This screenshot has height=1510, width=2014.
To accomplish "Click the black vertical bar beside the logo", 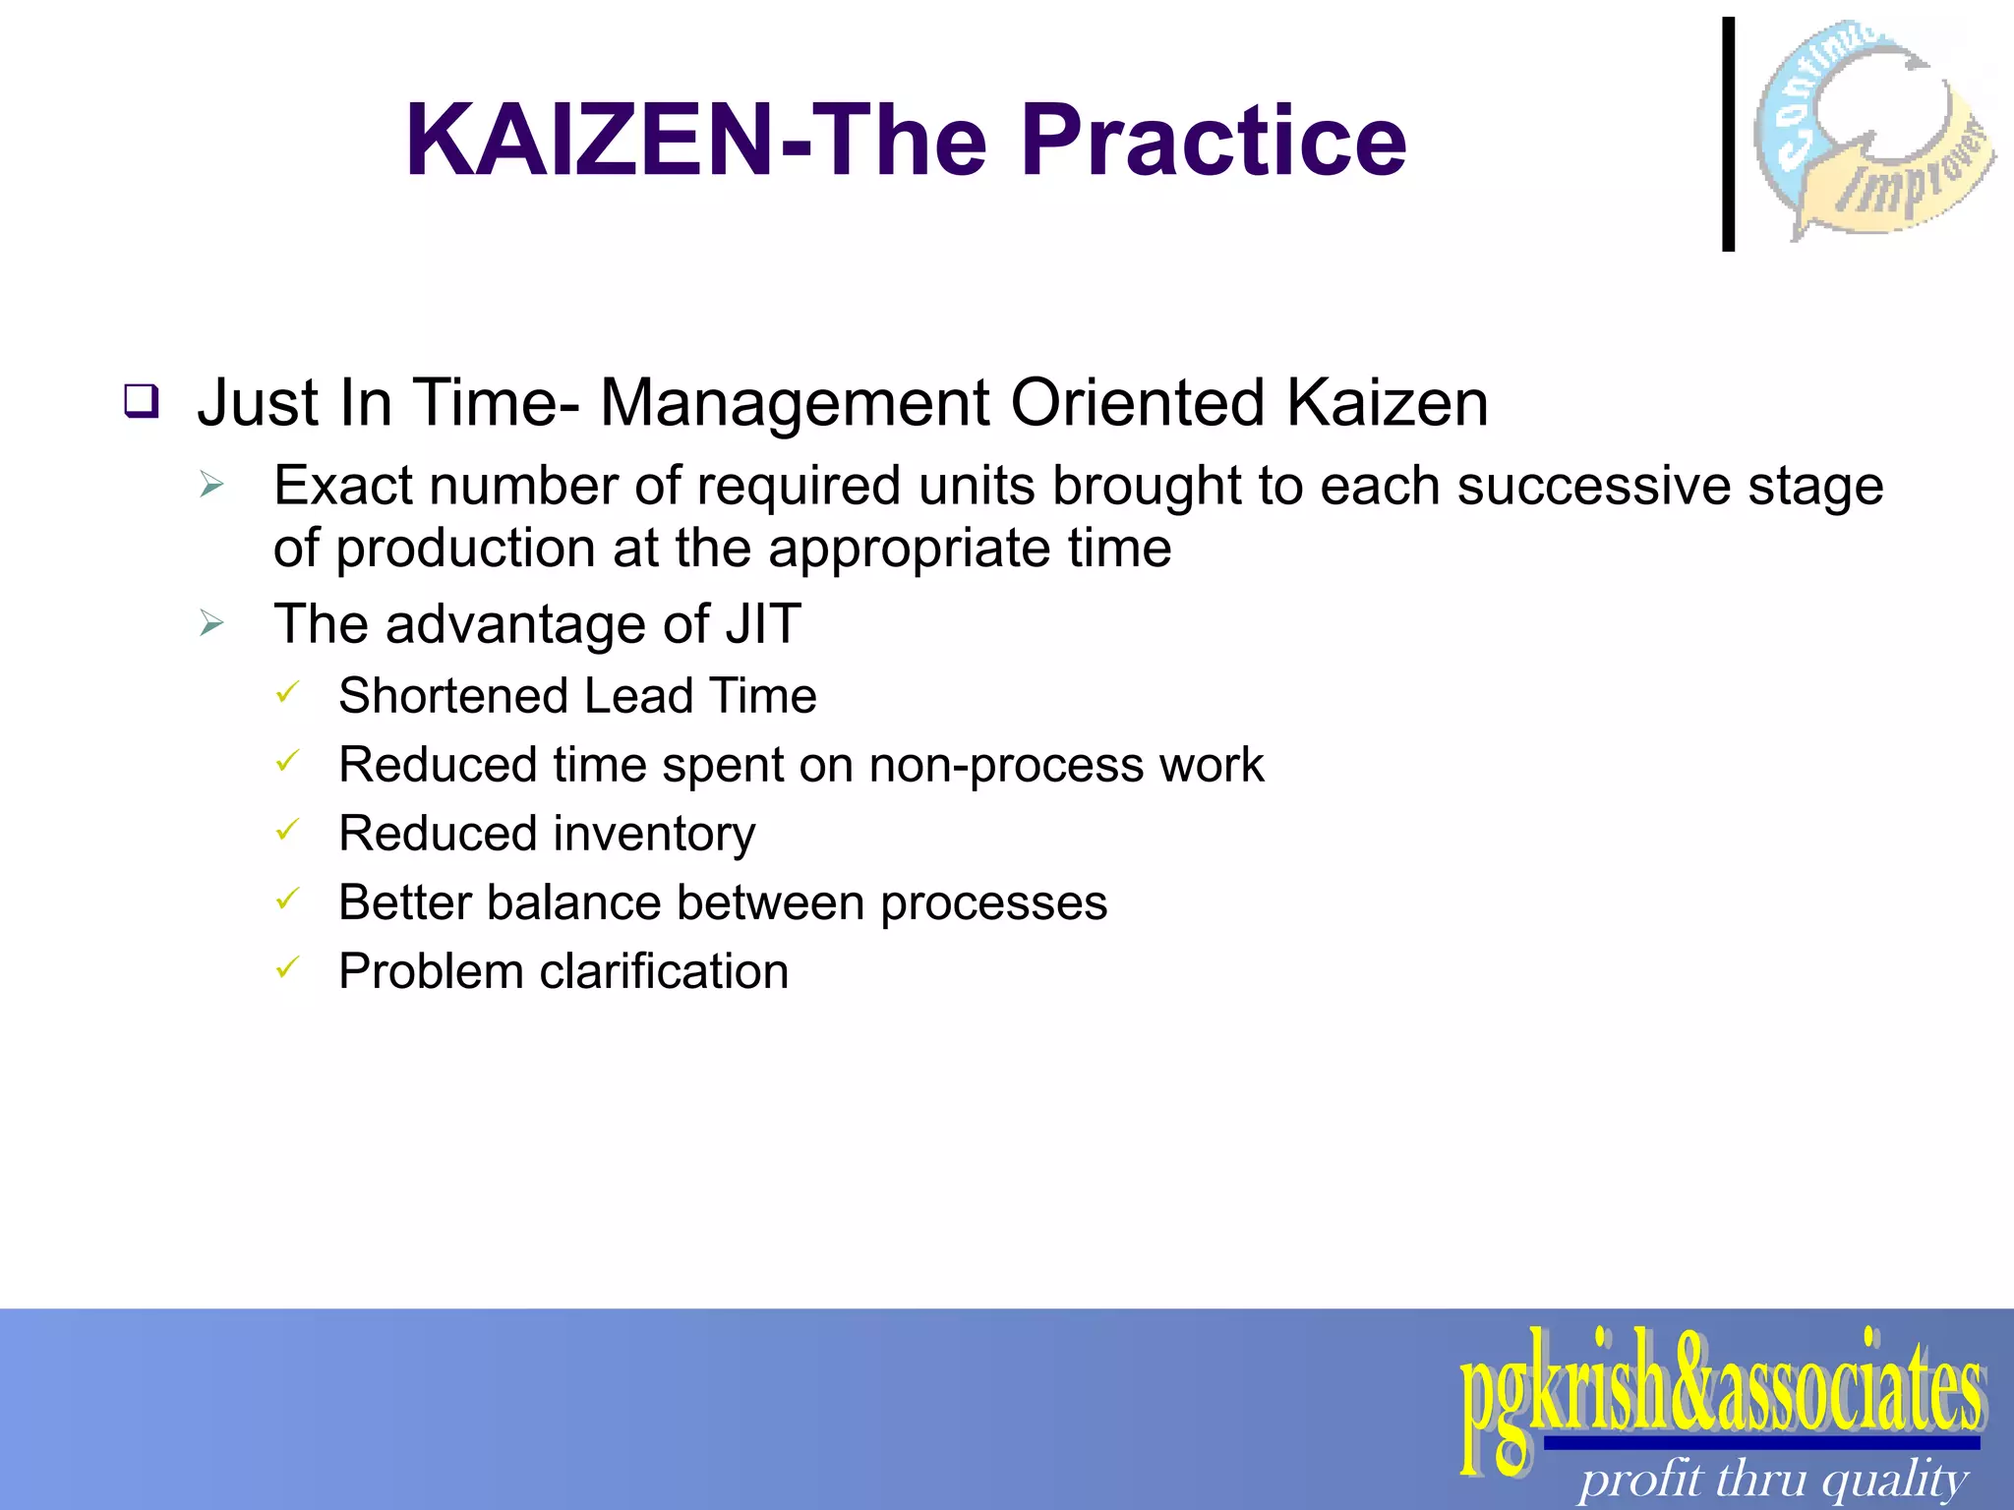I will coord(1728,134).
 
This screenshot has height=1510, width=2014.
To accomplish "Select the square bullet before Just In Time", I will coord(142,401).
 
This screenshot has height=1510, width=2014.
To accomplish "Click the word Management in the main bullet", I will coord(795,403).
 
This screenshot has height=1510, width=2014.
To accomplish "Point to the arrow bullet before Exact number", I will coord(211,485).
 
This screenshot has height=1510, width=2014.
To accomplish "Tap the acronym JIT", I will coord(763,623).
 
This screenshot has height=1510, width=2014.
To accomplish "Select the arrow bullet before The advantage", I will coord(211,622).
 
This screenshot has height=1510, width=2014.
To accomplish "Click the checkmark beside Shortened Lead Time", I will coord(286,693).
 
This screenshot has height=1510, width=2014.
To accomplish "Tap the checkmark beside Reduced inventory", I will coord(286,831).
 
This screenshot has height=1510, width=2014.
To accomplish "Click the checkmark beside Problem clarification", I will coord(286,968).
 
